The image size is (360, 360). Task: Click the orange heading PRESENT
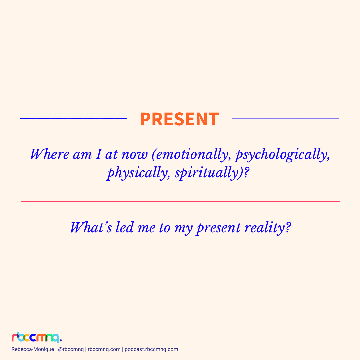[180, 119]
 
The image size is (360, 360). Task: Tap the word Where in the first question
[50, 154]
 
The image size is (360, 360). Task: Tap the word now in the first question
[134, 155]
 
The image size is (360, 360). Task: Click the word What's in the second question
[91, 228]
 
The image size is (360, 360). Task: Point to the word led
[125, 228]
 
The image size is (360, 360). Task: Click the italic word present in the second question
[219, 229]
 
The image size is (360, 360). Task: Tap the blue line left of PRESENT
[73, 118]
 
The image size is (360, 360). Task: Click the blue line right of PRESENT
[285, 118]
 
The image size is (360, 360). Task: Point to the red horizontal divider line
[180, 202]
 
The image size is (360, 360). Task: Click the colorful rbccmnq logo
[37, 337]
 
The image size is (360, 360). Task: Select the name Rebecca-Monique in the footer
[33, 349]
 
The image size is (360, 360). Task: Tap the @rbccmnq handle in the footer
[71, 349]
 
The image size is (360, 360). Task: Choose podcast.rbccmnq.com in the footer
[151, 349]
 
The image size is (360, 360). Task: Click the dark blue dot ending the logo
[61, 340]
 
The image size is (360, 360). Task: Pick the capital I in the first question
[99, 154]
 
